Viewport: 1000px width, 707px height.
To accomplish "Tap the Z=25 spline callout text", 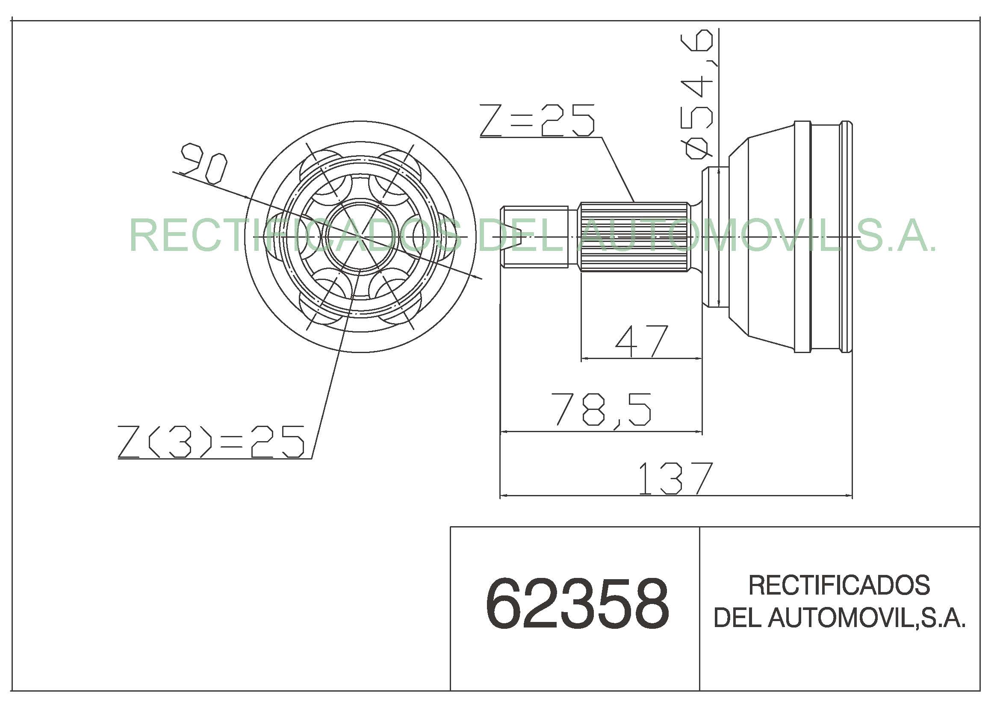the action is point(537,120).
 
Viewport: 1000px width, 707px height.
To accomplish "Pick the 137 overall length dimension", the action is point(675,478).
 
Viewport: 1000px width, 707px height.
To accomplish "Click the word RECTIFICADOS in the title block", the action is point(839,585).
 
